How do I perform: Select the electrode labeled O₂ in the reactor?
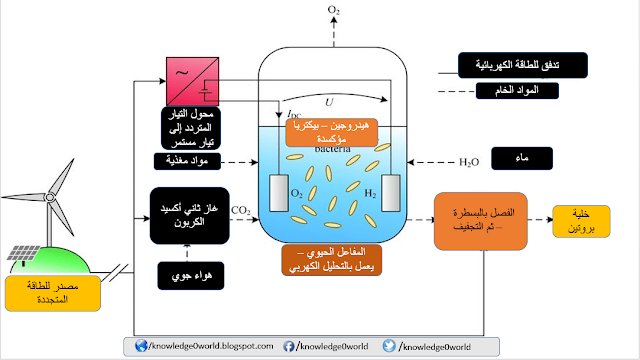281,192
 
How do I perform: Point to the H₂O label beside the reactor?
470,160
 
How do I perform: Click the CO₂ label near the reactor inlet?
240,210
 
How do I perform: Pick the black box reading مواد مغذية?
193,160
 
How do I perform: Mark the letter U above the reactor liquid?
327,101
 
